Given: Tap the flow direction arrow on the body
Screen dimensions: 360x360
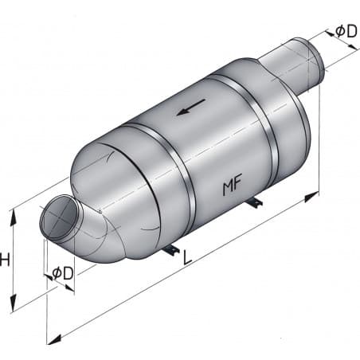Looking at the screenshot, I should (x=190, y=106).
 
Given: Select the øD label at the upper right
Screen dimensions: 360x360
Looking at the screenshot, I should (x=345, y=30).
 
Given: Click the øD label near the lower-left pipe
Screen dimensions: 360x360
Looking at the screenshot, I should (x=63, y=273).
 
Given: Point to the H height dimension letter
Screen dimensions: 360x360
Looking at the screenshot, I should (x=6, y=259).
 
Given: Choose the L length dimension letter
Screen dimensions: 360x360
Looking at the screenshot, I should (x=187, y=258).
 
